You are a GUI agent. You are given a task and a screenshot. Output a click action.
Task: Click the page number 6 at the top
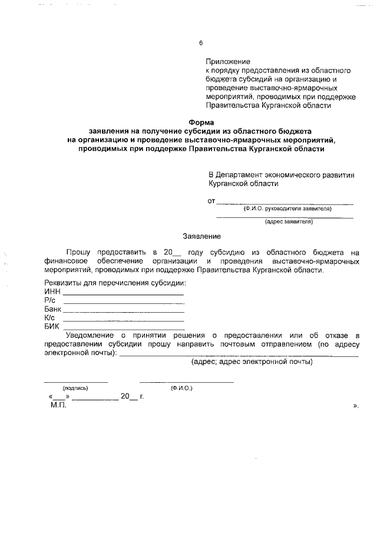click(x=201, y=43)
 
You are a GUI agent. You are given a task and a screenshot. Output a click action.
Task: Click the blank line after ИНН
click(x=123, y=293)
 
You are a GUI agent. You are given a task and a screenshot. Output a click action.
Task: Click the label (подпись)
click(x=75, y=388)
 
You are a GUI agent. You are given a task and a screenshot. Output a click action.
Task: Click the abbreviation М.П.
click(x=59, y=406)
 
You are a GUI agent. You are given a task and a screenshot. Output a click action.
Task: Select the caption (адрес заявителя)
click(x=289, y=222)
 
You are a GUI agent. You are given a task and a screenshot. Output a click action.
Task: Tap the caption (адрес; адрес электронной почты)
click(x=252, y=362)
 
